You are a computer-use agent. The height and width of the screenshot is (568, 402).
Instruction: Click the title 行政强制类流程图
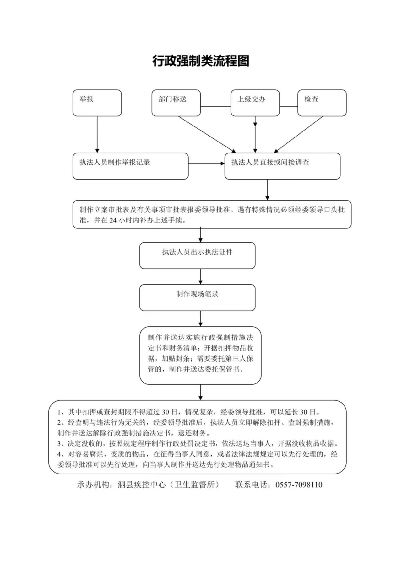(x=201, y=61)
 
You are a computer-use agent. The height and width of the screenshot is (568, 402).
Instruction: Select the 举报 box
(x=97, y=103)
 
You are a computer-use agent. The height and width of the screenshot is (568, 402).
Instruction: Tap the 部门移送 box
(x=176, y=103)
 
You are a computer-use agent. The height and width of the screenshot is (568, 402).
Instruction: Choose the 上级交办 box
(x=255, y=103)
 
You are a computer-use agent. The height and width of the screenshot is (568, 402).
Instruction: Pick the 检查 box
(x=322, y=103)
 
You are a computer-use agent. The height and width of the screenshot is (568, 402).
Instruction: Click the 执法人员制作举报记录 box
(x=131, y=166)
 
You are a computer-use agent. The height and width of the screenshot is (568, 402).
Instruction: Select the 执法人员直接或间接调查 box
(x=283, y=166)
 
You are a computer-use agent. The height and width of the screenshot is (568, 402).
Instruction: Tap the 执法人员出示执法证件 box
(x=198, y=255)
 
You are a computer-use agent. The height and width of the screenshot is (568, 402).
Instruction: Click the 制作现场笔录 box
(x=198, y=297)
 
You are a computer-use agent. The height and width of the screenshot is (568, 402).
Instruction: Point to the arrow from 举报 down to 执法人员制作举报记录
(x=97, y=135)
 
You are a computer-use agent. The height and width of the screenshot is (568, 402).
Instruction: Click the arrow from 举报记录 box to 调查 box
(x=207, y=163)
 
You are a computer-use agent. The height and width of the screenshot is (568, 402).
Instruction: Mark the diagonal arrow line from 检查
(x=298, y=135)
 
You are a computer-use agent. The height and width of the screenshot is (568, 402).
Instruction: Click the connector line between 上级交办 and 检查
(x=289, y=106)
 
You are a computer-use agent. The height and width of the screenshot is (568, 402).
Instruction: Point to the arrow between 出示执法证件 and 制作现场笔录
(x=201, y=277)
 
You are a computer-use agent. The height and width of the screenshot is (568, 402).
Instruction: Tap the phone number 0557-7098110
(x=299, y=485)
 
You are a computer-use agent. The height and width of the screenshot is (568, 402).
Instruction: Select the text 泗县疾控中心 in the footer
(x=142, y=485)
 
